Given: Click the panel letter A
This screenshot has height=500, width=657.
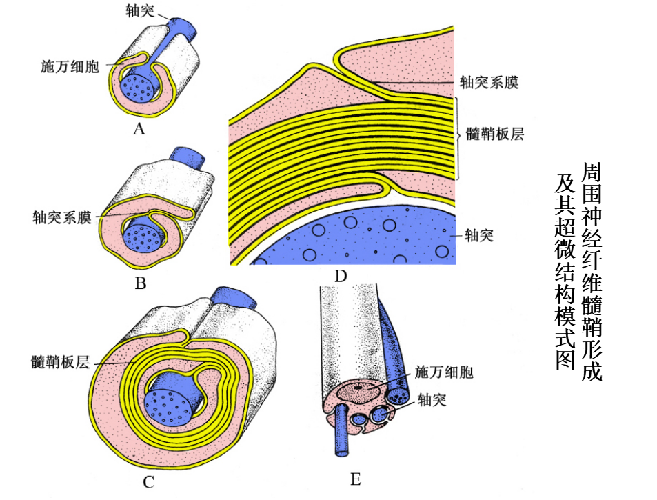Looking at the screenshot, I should [x=139, y=128].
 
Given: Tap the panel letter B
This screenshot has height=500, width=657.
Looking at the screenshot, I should [x=141, y=283].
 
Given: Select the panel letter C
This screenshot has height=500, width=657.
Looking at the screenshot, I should [x=148, y=482].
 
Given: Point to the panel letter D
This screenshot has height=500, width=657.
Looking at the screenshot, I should [x=339, y=277].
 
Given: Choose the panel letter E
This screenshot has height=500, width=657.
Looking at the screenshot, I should [x=356, y=479].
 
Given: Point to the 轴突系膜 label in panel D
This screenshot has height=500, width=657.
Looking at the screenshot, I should [x=489, y=83].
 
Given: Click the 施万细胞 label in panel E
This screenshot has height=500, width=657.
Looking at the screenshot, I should [x=444, y=373].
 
